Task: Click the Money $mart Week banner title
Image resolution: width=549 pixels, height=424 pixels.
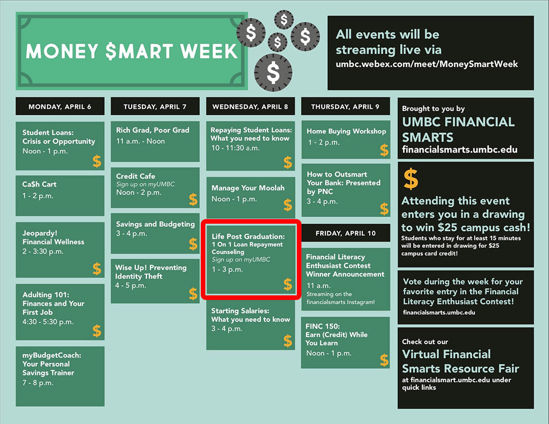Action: pyautogui.click(x=132, y=51)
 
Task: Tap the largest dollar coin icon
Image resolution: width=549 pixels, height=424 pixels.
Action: pyautogui.click(x=273, y=73)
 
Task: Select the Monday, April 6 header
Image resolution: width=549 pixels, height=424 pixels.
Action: pyautogui.click(x=60, y=107)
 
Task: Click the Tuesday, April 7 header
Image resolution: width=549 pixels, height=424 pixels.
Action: pyautogui.click(x=155, y=107)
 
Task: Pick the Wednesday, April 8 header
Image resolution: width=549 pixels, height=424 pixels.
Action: pyautogui.click(x=250, y=107)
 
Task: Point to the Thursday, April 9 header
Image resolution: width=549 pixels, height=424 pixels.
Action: pyautogui.click(x=345, y=107)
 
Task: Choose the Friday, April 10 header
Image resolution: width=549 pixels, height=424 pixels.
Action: pyautogui.click(x=346, y=233)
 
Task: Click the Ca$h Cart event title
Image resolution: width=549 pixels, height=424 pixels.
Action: pyautogui.click(x=39, y=184)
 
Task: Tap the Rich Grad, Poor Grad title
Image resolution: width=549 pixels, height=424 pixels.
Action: pyautogui.click(x=152, y=130)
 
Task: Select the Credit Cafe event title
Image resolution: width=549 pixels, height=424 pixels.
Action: pyautogui.click(x=136, y=176)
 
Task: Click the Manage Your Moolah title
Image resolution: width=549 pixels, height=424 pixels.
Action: pyautogui.click(x=248, y=188)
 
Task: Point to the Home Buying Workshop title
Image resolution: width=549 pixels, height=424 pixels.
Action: pyautogui.click(x=346, y=131)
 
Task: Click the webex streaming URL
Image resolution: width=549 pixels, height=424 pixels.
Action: pyautogui.click(x=427, y=64)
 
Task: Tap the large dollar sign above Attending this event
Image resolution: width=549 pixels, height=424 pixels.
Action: pyautogui.click(x=411, y=178)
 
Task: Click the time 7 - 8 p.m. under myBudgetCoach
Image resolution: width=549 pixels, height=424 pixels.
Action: pyautogui.click(x=38, y=383)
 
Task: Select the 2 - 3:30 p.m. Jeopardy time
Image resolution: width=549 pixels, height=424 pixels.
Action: pyautogui.click(x=43, y=251)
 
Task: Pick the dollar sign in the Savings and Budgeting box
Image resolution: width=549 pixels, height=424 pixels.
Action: pyautogui.click(x=193, y=244)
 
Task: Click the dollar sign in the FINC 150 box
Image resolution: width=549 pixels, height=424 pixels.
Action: pyautogui.click(x=384, y=360)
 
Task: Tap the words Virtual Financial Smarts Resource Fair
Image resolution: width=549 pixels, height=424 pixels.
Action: pyautogui.click(x=460, y=361)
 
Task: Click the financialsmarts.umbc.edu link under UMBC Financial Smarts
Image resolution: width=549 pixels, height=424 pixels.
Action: pyautogui.click(x=460, y=150)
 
